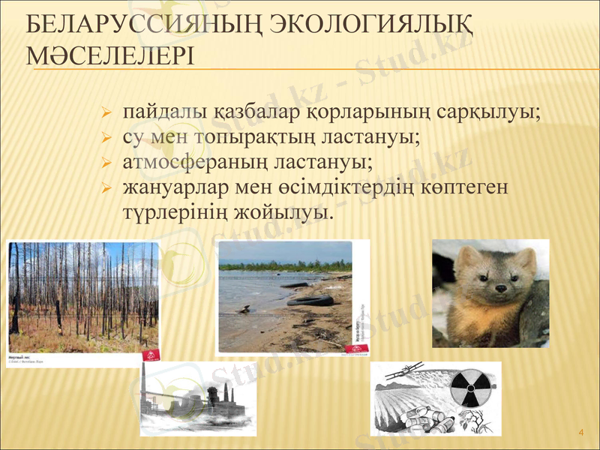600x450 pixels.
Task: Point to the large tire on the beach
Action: tap(310, 300)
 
